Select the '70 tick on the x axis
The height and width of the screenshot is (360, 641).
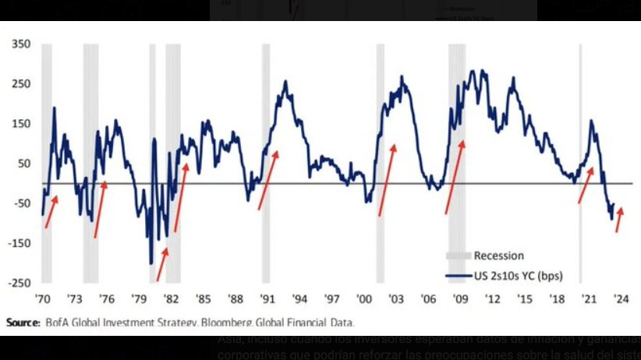(x=42, y=298)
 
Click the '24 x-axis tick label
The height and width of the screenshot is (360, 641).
(x=622, y=298)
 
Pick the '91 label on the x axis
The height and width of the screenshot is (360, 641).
(x=267, y=298)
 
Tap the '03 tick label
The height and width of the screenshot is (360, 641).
(x=396, y=298)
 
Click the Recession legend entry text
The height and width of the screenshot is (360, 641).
(x=499, y=256)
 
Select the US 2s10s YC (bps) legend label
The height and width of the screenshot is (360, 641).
(x=519, y=275)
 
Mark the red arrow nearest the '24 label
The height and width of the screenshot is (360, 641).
(x=619, y=220)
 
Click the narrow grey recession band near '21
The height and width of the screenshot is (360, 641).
(x=580, y=156)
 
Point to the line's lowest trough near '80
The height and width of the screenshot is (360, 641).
(x=151, y=263)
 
